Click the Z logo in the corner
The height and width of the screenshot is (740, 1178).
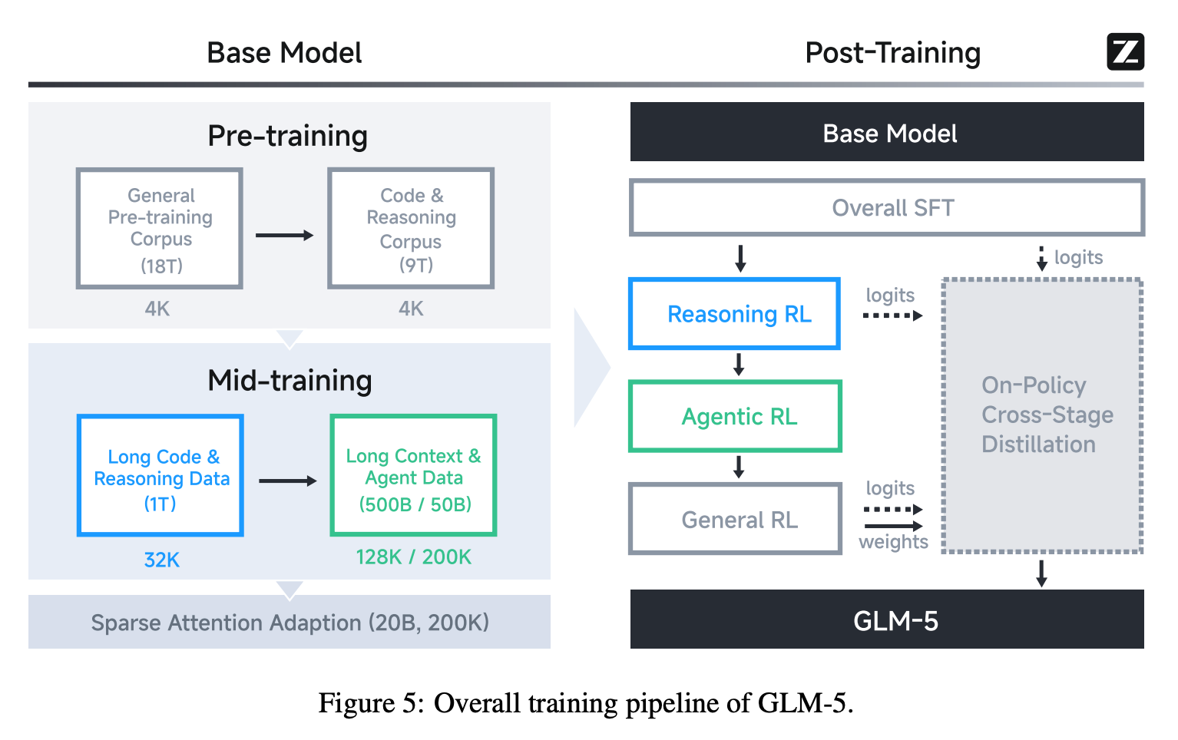click(x=1125, y=51)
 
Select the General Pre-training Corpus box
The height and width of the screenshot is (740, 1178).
click(x=160, y=229)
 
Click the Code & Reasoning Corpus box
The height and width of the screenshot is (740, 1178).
click(x=411, y=229)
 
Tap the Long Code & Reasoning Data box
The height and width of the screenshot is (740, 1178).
click(x=160, y=476)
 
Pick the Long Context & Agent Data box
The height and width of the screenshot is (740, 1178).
click(x=413, y=476)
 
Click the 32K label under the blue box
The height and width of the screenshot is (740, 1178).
click(x=161, y=560)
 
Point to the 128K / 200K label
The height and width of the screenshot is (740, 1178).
click(x=413, y=557)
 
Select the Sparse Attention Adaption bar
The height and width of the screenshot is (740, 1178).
click(x=290, y=622)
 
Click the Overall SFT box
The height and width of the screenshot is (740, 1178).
click(x=887, y=207)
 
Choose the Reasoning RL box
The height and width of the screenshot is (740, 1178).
click(x=735, y=314)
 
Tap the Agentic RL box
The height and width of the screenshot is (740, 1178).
click(x=735, y=416)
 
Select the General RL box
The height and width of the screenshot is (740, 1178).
click(x=735, y=519)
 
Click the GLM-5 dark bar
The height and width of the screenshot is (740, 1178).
click(x=887, y=619)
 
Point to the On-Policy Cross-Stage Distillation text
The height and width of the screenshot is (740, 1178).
click(x=1047, y=415)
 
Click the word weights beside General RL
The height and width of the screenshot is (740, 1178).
click(x=893, y=542)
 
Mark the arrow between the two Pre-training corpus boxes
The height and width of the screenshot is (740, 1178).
click(x=284, y=235)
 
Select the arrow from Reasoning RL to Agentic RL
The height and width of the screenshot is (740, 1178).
click(x=739, y=364)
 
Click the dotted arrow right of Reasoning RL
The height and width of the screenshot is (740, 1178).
click(x=892, y=315)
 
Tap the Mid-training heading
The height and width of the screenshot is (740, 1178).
click(x=290, y=381)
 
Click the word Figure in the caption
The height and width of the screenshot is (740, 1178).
click(x=356, y=703)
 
